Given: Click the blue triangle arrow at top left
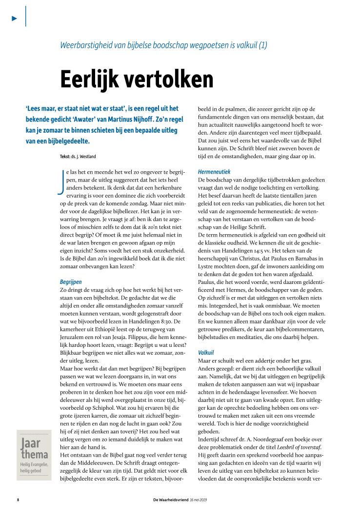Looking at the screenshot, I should point(15,18).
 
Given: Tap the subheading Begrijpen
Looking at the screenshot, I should point(71,282).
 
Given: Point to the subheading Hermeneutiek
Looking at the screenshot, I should point(214,172).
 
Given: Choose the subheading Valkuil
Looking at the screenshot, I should point(207,352).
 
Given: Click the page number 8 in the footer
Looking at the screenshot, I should point(18,501).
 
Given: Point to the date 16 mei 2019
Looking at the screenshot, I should point(199,501).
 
